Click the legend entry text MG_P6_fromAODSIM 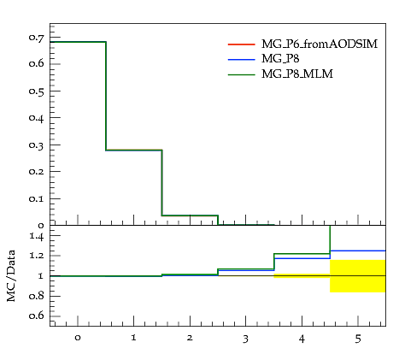tap(320, 44)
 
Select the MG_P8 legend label tap(280, 59)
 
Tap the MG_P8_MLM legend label tap(297, 74)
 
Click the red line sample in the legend tap(242, 44)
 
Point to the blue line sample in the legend tap(242, 60)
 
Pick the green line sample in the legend tap(242, 74)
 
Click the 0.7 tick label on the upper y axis tap(37, 38)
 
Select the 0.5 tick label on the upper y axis tap(37, 91)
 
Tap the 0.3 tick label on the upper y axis tap(37, 145)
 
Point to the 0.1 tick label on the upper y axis tap(37, 198)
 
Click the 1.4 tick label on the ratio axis tap(37, 236)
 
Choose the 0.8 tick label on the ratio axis tap(37, 296)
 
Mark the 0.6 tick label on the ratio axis tap(37, 316)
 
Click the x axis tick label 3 tap(245, 339)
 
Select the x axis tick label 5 tap(358, 339)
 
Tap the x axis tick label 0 tap(78, 338)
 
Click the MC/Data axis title tap(11, 275)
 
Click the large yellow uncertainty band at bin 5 tap(358, 276)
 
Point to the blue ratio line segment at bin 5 tap(358, 251)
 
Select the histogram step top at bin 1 tap(134, 150)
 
